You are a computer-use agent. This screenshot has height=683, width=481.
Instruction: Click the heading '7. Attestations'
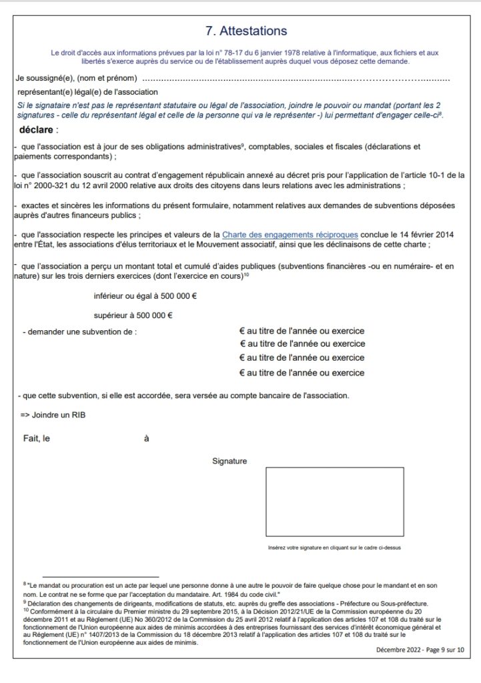pyautogui.click(x=246, y=31)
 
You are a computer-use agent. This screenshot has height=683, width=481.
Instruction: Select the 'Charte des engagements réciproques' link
pyautogui.click(x=290, y=234)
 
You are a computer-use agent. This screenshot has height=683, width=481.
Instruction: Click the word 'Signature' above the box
pyautogui.click(x=229, y=461)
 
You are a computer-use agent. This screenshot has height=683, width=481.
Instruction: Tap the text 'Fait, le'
pyautogui.click(x=37, y=439)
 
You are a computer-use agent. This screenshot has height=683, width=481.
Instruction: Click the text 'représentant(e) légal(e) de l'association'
pyautogui.click(x=88, y=92)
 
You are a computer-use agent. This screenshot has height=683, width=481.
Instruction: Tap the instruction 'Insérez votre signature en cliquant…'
pyautogui.click(x=334, y=548)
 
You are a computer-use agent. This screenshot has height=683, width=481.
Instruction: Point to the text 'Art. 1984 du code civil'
pyautogui.click(x=242, y=594)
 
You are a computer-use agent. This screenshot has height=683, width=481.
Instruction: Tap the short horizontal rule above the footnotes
pyautogui.click(x=100, y=577)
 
